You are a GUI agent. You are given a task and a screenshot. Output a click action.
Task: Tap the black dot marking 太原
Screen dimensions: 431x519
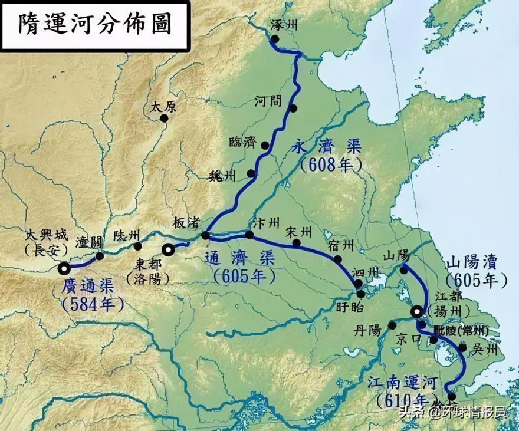(x=165, y=118)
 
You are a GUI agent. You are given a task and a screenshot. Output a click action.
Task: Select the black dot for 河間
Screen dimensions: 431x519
(x=293, y=108)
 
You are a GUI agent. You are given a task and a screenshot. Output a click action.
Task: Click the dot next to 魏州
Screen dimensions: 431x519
(x=252, y=173)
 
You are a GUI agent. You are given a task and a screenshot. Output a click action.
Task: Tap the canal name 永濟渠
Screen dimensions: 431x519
(x=330, y=147)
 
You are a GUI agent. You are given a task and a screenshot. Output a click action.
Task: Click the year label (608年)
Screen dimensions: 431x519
(x=330, y=165)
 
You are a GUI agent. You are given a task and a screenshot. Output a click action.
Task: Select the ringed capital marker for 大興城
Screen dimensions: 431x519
(x=64, y=269)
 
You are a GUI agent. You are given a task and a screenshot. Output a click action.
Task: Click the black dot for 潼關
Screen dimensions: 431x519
(x=100, y=256)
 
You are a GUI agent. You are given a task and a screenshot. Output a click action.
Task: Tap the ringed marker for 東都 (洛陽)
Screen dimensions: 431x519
(x=168, y=249)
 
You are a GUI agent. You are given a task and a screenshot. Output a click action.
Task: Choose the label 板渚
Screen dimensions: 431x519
(x=186, y=223)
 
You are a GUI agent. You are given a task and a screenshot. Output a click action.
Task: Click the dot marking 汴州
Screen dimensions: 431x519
(x=249, y=235)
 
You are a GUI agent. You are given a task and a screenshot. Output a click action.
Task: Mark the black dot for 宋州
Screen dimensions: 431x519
(x=297, y=242)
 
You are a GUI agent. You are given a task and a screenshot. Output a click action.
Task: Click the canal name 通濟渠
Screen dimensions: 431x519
(x=239, y=258)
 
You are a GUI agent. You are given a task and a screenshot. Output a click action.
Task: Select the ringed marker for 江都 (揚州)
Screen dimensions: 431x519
(x=417, y=312)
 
